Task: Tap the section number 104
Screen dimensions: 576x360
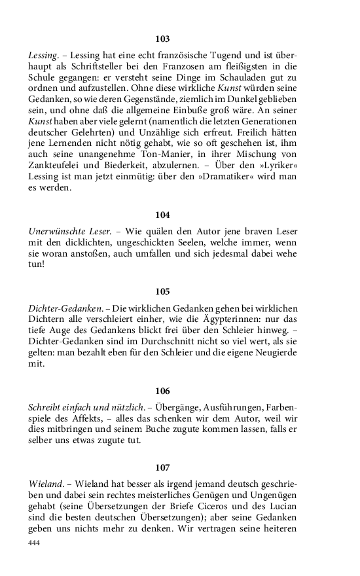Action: click(x=163, y=215)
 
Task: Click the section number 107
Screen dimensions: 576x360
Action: click(x=163, y=467)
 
